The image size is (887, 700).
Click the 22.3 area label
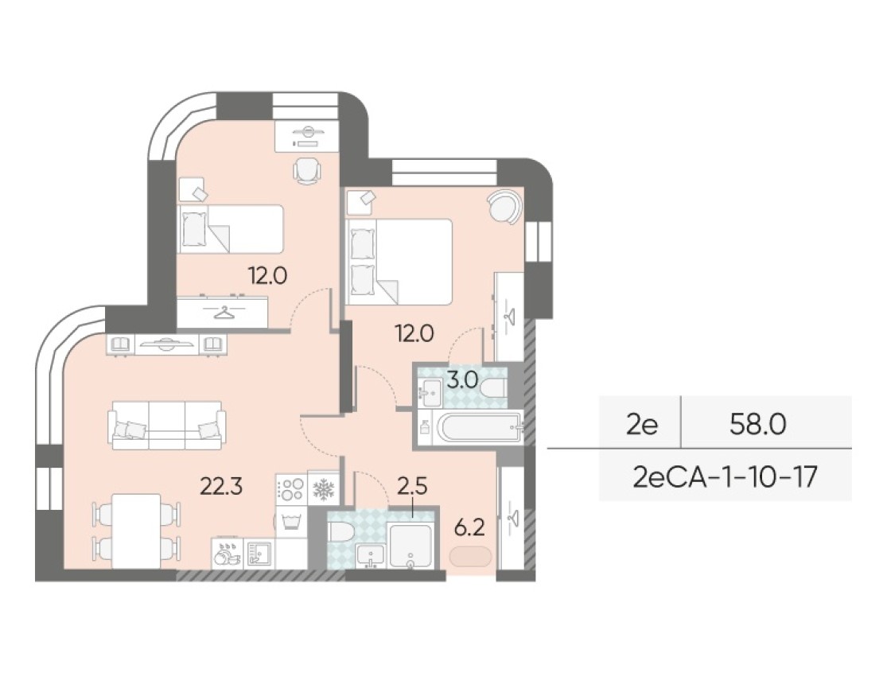(222, 485)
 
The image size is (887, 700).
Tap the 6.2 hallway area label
(470, 528)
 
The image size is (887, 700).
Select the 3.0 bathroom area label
(463, 380)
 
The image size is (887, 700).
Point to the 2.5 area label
(412, 485)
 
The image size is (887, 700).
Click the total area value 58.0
(757, 425)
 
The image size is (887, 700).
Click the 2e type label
(642, 425)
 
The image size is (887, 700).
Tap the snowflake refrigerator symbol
(324, 489)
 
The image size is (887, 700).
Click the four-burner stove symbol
(291, 489)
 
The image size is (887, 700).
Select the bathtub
(479, 427)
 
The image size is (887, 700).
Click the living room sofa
(167, 426)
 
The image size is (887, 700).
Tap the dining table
(136, 531)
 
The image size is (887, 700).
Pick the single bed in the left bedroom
(230, 229)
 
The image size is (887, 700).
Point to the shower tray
(410, 545)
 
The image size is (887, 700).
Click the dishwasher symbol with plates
(228, 553)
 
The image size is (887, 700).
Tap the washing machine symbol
(291, 521)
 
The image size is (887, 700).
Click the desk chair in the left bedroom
(307, 170)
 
